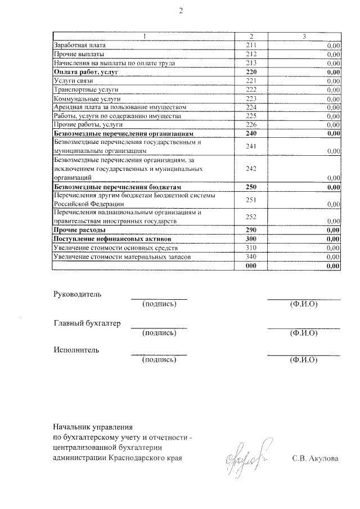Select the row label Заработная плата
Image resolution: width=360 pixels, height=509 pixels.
pyautogui.click(x=79, y=45)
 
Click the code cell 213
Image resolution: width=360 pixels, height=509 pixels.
pyautogui.click(x=251, y=63)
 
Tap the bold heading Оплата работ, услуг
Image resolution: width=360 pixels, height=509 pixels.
pyautogui.click(x=83, y=72)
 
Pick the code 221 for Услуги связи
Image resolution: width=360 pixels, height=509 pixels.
pyautogui.click(x=251, y=81)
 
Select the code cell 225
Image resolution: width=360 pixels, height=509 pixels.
pyautogui.click(x=251, y=116)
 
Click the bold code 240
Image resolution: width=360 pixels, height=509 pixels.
pyautogui.click(x=251, y=134)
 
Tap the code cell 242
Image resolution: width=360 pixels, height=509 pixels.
pyautogui.click(x=251, y=169)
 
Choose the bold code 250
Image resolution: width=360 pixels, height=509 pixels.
pyautogui.click(x=251, y=186)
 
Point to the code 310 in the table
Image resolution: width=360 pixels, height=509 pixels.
pyautogui.click(x=251, y=247)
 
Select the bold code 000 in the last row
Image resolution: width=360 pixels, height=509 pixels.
pyautogui.click(x=251, y=265)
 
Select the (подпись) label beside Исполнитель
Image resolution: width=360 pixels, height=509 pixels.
pyautogui.click(x=160, y=359)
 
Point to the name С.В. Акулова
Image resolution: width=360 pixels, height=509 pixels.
pyautogui.click(x=316, y=458)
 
